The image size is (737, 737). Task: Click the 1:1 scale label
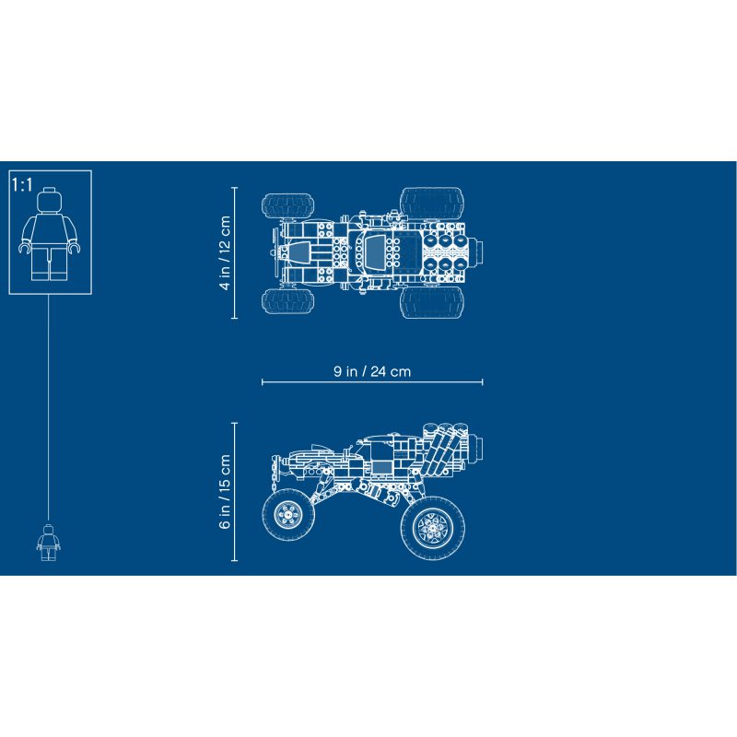coord(22,185)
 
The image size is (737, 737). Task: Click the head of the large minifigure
coord(50,199)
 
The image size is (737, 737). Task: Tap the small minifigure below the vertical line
coord(49,543)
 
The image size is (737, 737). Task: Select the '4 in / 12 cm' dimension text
coord(225,252)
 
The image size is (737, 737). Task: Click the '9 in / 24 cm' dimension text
coord(372,371)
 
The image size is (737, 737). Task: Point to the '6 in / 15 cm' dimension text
coord(225,491)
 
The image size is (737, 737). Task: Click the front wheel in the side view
coord(287,514)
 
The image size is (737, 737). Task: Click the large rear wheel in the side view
coord(433,527)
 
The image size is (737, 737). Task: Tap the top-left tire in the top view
coord(287,205)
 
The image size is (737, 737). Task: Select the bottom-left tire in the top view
coord(287,301)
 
